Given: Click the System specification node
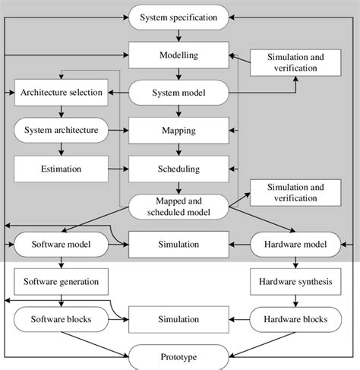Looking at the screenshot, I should pyautogui.click(x=178, y=16).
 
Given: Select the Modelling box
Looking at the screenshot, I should pyautogui.click(x=178, y=55).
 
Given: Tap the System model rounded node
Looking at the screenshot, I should pyautogui.click(x=178, y=93).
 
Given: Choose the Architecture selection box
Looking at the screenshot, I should pyautogui.click(x=62, y=93).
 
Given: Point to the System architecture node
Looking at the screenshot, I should pyautogui.click(x=62, y=131).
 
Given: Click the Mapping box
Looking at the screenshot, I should pyautogui.click(x=178, y=131).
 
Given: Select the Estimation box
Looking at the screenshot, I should pyautogui.click(x=62, y=168).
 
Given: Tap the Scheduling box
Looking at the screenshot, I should pyautogui.click(x=178, y=168).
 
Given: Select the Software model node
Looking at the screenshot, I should pyautogui.click(x=62, y=244).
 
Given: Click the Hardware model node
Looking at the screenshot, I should pyautogui.click(x=296, y=244).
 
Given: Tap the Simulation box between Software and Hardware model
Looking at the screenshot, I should pyautogui.click(x=178, y=244).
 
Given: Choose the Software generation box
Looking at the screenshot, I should pyautogui.click(x=62, y=282).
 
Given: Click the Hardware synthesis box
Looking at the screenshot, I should pyautogui.click(x=296, y=282).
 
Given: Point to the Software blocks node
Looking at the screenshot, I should pyautogui.click(x=62, y=319).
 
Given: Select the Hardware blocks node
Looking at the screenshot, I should pyautogui.click(x=296, y=319).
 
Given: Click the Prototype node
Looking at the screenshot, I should pyautogui.click(x=178, y=355).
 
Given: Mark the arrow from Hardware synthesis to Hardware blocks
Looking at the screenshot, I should pyautogui.click(x=296, y=300).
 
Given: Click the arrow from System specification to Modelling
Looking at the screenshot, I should pyautogui.click(x=178, y=35).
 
